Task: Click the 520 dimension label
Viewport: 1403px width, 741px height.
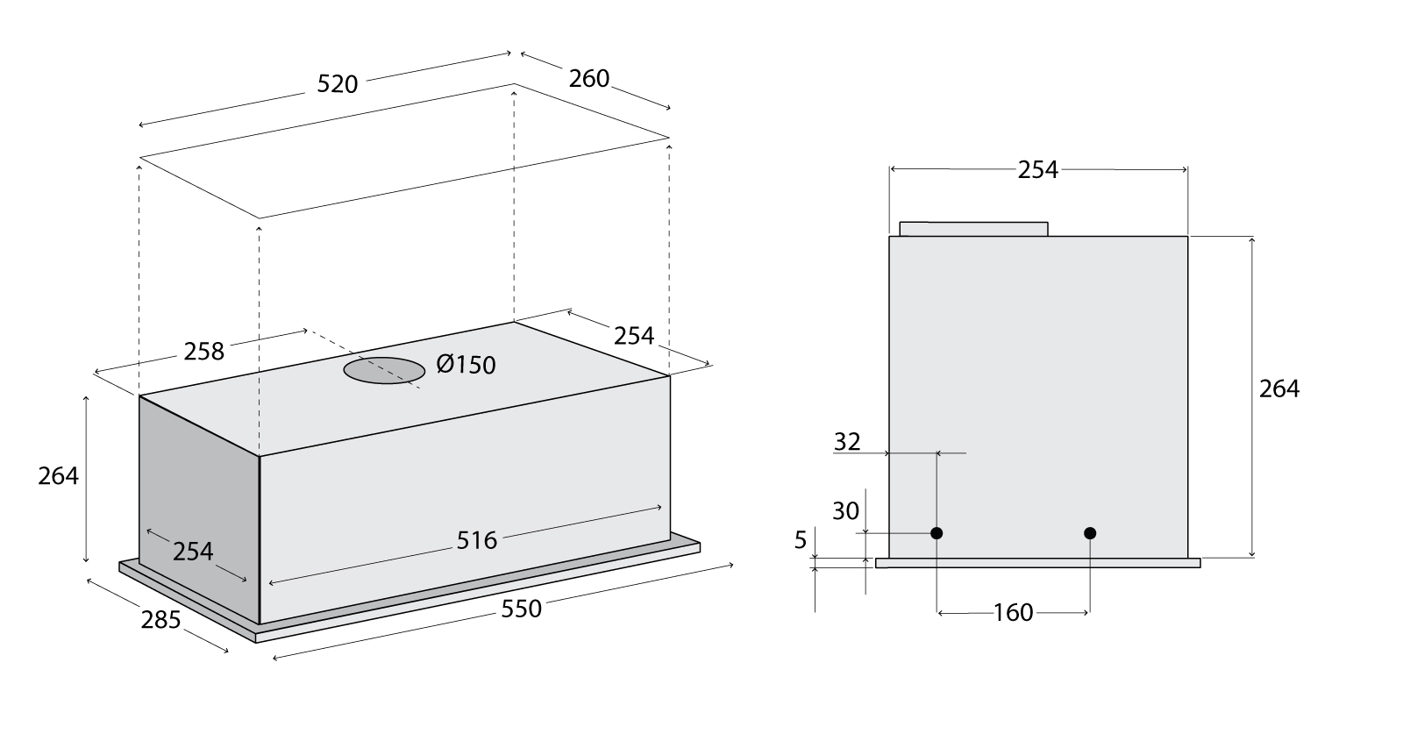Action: point(337,84)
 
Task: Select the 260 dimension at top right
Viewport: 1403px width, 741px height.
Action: point(588,78)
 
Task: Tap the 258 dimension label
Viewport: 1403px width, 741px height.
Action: point(203,352)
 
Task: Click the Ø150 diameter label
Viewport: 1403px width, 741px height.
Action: point(466,364)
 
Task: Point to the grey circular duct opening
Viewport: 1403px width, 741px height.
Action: point(384,370)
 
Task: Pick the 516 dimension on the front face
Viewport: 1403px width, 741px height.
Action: point(476,540)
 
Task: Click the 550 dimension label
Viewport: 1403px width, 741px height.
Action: point(521,609)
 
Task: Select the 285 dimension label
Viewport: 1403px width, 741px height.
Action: point(160,619)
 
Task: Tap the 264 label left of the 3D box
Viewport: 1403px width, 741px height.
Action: point(58,476)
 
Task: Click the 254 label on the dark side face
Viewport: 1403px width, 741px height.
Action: point(193,552)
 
